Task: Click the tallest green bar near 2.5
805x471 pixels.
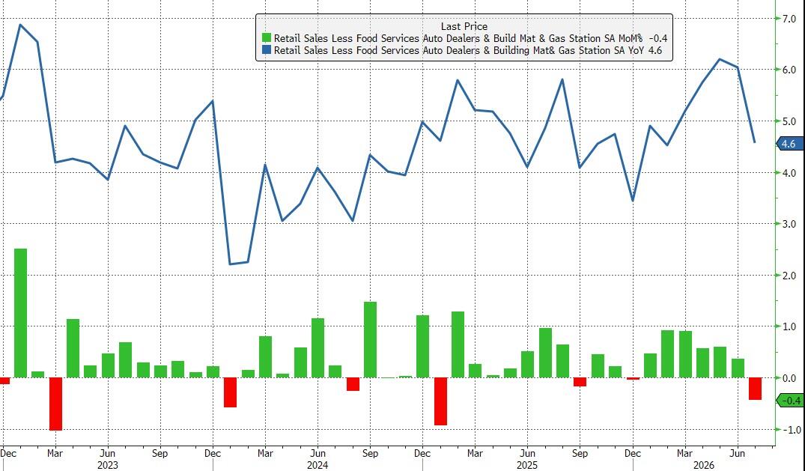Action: pos(20,313)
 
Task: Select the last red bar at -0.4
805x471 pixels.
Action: pos(755,389)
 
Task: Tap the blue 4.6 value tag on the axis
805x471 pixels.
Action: pos(788,144)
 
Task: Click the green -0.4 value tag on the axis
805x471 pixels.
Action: pos(789,400)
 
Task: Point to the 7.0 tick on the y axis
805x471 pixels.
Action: pos(789,19)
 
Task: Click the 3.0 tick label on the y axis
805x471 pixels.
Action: pos(789,224)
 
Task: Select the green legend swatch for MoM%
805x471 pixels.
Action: pos(267,38)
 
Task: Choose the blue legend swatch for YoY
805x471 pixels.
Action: pos(267,50)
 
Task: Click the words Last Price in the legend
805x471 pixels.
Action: pos(464,26)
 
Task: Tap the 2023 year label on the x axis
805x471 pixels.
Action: pos(107,465)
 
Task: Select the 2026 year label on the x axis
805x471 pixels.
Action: pos(703,465)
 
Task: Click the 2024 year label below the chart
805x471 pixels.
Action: pos(318,465)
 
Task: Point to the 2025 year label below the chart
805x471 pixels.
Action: pos(527,465)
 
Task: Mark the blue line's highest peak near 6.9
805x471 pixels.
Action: pos(20,25)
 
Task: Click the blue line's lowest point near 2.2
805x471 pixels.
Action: pos(230,264)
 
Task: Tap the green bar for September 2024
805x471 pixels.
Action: pos(370,339)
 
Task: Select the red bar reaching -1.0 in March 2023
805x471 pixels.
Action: pos(55,404)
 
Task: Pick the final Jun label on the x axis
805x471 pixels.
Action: pos(738,454)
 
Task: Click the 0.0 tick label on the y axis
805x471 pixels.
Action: pos(789,379)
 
